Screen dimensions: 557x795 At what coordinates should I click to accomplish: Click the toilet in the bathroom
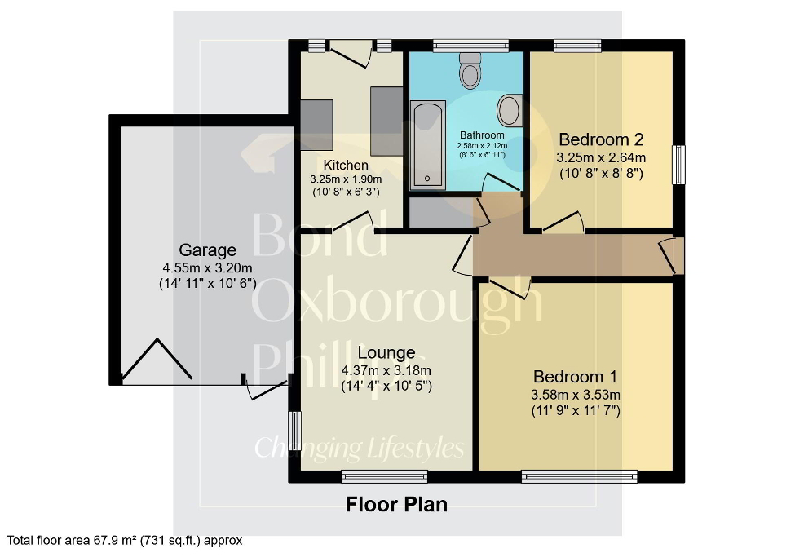(x=470, y=71)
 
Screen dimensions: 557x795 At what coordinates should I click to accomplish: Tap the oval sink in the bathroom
(x=510, y=110)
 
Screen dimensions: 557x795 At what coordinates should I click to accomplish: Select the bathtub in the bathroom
(x=426, y=145)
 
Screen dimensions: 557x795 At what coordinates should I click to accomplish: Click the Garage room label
(x=208, y=250)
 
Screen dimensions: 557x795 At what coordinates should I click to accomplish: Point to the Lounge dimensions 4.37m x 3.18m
(x=386, y=370)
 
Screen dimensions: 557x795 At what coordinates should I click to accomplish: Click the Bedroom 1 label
(x=575, y=377)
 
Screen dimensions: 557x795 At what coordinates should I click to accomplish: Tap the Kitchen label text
(x=346, y=166)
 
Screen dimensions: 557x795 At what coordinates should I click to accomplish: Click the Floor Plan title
(x=396, y=504)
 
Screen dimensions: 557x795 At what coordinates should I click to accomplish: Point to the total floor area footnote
(x=125, y=540)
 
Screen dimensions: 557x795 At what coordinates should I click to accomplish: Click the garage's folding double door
(x=157, y=361)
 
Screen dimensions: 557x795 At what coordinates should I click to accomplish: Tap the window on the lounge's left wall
(x=294, y=430)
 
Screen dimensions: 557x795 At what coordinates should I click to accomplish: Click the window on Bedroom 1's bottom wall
(x=579, y=476)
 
